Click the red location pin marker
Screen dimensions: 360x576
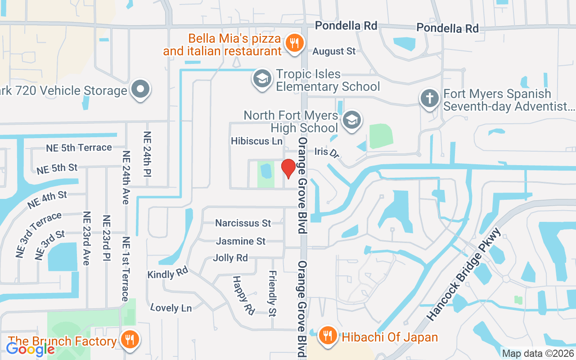[x=288, y=168]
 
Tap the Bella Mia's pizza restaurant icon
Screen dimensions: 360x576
[x=295, y=44]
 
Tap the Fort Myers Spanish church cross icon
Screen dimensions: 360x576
[x=429, y=98]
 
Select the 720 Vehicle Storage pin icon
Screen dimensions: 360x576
[x=141, y=90]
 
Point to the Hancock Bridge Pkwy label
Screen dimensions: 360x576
[x=463, y=275]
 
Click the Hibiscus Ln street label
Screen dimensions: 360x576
[x=256, y=141]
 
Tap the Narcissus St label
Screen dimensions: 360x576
[x=243, y=223]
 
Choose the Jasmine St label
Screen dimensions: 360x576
[x=241, y=241]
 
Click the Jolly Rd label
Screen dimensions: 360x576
[x=230, y=258]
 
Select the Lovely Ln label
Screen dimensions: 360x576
[x=171, y=308]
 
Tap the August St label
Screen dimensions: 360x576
[x=334, y=51]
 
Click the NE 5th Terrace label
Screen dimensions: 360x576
[x=79, y=148]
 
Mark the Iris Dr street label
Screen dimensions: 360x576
[x=327, y=152]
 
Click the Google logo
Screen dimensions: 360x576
[x=30, y=349]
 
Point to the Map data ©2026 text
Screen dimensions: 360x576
[x=538, y=354]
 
